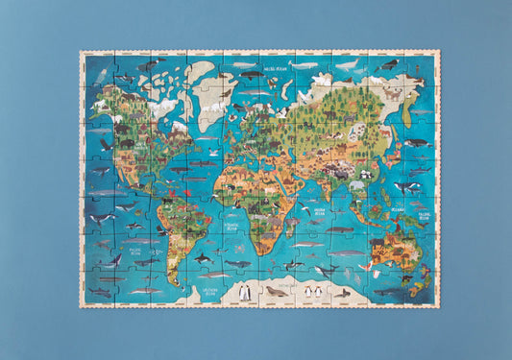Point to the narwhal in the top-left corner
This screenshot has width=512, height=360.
[101, 74]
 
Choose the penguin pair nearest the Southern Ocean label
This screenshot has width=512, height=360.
[244, 291]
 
